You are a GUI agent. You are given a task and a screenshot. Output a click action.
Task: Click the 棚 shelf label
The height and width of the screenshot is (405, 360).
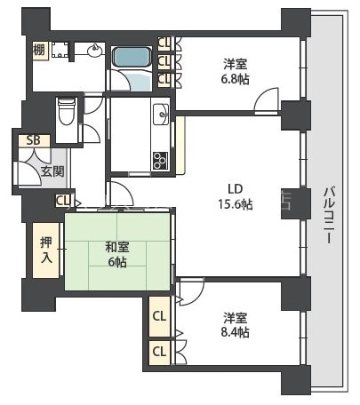coord(39,52)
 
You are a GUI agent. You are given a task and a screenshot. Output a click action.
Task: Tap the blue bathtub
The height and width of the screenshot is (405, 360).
coord(132,57)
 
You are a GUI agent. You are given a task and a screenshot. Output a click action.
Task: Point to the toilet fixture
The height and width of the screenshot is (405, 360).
coord(66,113)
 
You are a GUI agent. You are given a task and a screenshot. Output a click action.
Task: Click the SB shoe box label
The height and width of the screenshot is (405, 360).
coord(33,140)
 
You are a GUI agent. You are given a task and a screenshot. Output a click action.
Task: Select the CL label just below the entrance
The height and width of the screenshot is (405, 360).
coord(62,201)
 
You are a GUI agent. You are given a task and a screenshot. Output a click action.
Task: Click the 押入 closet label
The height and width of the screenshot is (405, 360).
coord(46,250)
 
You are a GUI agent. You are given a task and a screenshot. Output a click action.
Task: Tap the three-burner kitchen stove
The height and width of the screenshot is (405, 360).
coord(162,160)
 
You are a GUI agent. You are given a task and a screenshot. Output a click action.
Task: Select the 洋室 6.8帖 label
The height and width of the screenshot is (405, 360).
coord(236,71)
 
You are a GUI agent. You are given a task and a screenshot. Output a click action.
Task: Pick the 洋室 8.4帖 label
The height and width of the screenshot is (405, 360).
coord(235,325)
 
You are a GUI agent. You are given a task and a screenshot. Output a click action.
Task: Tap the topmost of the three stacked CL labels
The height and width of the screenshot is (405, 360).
coord(164,43)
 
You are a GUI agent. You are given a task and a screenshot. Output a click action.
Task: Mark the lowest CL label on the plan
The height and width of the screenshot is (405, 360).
coord(159,352)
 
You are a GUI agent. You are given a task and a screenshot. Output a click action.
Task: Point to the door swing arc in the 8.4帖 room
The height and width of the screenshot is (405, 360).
coord(188,290)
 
